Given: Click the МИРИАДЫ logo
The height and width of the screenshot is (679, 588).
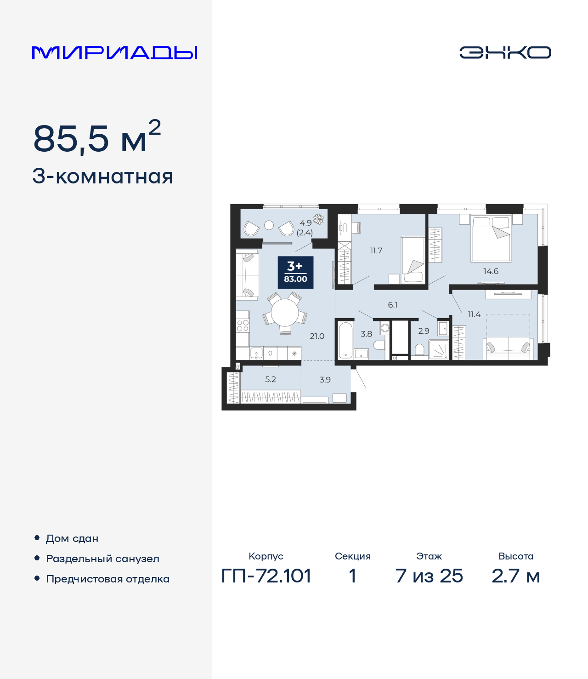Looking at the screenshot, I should pos(115,53).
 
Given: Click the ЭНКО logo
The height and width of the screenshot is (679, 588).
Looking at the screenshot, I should pos(505,52).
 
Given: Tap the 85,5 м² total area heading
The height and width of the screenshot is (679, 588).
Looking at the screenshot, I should pos(97,138).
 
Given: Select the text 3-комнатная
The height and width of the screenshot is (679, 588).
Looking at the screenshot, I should pos(102,177).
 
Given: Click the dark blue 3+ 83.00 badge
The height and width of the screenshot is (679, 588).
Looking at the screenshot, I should pos(295,272).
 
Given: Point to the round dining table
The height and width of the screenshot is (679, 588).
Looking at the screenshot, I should pos(285,313).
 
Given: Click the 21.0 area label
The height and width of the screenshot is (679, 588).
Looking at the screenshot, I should pos(317,336).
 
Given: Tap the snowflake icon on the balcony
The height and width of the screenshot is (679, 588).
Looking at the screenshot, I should pos(318,219).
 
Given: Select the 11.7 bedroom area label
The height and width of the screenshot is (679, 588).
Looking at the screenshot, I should pos(376,251).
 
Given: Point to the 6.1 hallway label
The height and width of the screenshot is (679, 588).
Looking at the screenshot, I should pos(392,305).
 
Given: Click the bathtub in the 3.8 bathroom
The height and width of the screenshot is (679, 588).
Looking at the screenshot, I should pos(345,340).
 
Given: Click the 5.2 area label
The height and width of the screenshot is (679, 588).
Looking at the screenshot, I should pos(271,379).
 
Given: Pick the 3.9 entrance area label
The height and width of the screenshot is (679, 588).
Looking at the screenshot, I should pos(325,380).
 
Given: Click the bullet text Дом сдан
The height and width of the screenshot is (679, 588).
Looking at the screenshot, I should pos(72,538).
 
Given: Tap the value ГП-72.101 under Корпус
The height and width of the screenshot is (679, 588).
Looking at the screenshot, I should pos(266,576).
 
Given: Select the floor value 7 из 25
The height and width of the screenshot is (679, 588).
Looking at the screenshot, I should pos(429,576).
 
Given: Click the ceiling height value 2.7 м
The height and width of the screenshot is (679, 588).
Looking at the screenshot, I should pos(515,576).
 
